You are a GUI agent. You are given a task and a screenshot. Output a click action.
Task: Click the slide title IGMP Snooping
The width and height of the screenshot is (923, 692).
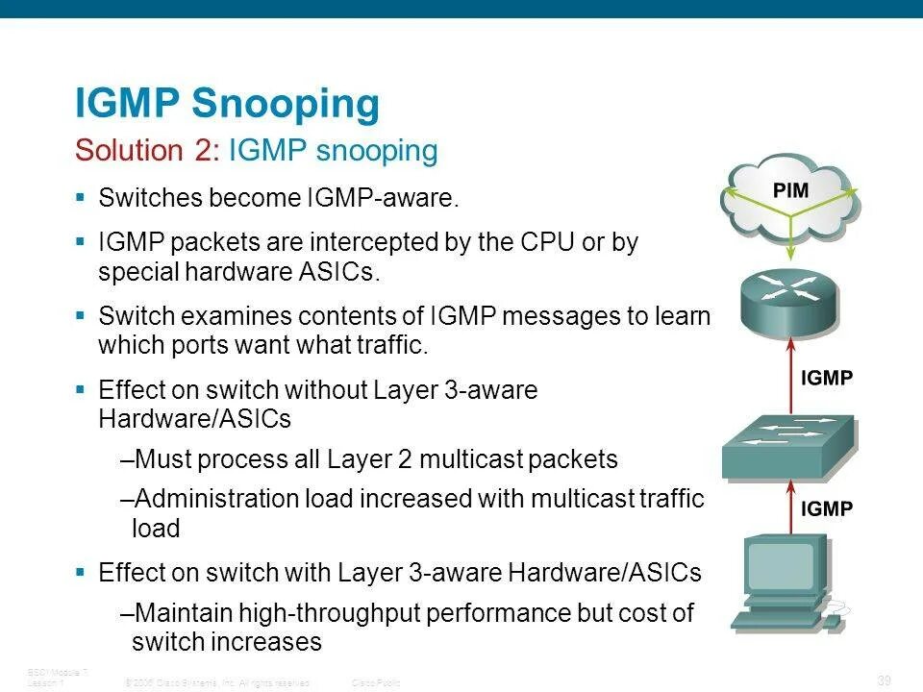pyautogui.click(x=227, y=105)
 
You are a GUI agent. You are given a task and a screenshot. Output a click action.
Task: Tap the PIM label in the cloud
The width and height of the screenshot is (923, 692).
pyautogui.click(x=791, y=189)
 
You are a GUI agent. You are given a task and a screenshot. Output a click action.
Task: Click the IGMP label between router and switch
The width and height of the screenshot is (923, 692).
pyautogui.click(x=827, y=378)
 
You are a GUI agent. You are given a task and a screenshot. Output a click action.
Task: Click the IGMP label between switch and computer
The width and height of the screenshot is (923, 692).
pyautogui.click(x=827, y=509)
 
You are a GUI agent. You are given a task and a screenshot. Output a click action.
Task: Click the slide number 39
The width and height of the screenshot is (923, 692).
pyautogui.click(x=885, y=680)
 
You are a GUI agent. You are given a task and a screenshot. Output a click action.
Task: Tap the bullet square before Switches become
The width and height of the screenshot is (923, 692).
pyautogui.click(x=81, y=198)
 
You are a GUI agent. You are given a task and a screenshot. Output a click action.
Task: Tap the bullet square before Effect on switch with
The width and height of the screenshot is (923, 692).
pyautogui.click(x=81, y=573)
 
